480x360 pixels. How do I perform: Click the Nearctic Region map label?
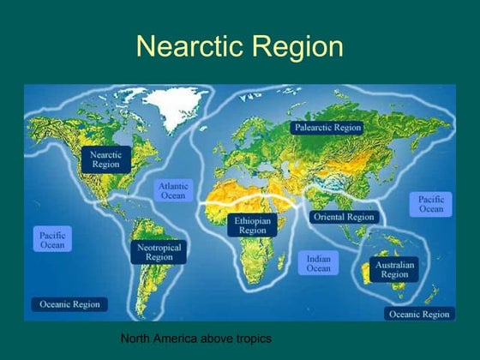[105, 159]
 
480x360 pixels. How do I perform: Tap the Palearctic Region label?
[327, 127]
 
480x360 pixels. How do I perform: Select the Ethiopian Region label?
[253, 225]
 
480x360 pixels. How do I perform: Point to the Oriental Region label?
[344, 217]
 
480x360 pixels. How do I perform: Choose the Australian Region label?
[394, 270]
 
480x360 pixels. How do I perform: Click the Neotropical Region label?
[159, 251]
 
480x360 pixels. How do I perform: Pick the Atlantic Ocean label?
[173, 190]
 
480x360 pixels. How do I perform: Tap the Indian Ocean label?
[319, 262]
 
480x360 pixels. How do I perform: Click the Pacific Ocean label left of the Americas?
[51, 239]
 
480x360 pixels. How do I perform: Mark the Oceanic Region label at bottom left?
[69, 304]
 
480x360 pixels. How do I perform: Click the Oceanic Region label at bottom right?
[419, 315]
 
